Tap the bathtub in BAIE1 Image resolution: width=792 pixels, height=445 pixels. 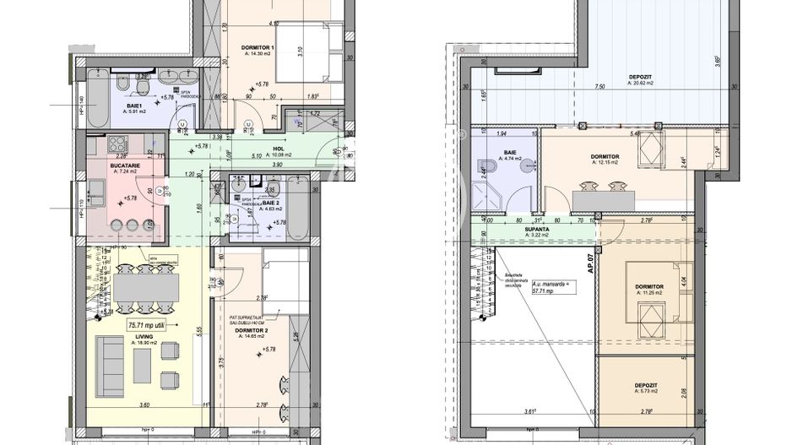tap(96, 103)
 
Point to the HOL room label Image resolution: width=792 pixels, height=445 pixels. tap(277, 148)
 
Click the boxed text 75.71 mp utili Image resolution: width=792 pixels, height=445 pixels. tap(147, 323)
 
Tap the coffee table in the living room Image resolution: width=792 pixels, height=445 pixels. tap(142, 365)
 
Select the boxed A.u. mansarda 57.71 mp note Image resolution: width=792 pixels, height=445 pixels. tap(552, 286)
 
